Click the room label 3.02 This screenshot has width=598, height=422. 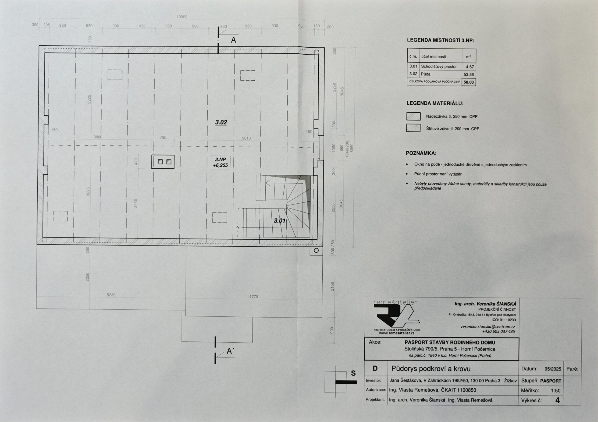tap(221, 122)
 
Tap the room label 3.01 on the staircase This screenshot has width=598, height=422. tap(280, 221)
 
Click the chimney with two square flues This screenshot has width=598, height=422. tap(163, 162)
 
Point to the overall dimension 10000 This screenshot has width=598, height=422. tap(182, 17)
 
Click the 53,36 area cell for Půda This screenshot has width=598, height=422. tap(469, 74)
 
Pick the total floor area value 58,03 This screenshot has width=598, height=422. tap(469, 82)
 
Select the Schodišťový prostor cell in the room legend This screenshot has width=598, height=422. tap(439, 67)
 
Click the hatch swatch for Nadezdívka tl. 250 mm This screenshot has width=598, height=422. tap(413, 116)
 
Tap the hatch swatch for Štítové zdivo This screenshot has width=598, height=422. tap(413, 128)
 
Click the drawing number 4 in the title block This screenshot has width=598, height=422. tap(557, 400)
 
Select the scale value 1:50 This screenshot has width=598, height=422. tap(555, 390)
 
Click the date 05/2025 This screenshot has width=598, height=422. tap(553, 369)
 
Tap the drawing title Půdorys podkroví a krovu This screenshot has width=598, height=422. tap(431, 369)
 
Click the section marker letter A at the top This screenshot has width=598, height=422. tap(233, 40)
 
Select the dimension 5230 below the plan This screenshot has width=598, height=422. tap(111, 295)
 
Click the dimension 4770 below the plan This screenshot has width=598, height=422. tap(253, 297)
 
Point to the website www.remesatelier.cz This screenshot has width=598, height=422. tap(397, 333)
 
